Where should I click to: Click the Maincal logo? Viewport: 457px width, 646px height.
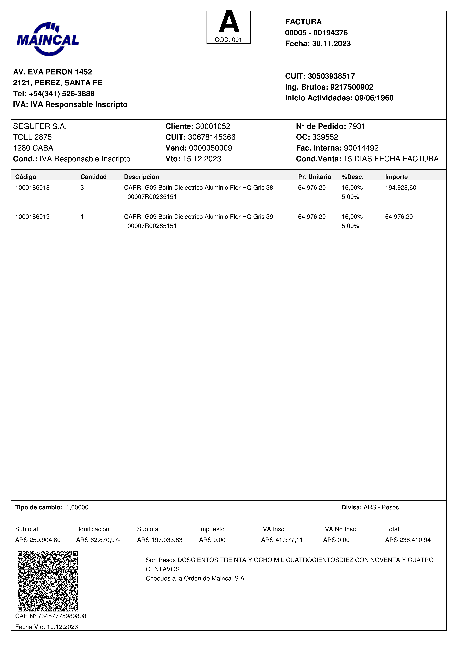click(x=48, y=39)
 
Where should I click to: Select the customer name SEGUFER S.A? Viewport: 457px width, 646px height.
click(x=40, y=126)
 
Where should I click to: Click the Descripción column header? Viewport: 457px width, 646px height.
click(x=142, y=177)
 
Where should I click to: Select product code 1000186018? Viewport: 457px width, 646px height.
click(x=32, y=188)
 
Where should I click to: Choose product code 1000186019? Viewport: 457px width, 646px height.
click(x=32, y=217)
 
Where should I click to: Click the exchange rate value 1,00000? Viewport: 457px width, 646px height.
click(x=77, y=507)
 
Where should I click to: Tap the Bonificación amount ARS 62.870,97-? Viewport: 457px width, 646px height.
click(x=98, y=540)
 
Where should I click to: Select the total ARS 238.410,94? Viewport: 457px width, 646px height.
click(x=408, y=540)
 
